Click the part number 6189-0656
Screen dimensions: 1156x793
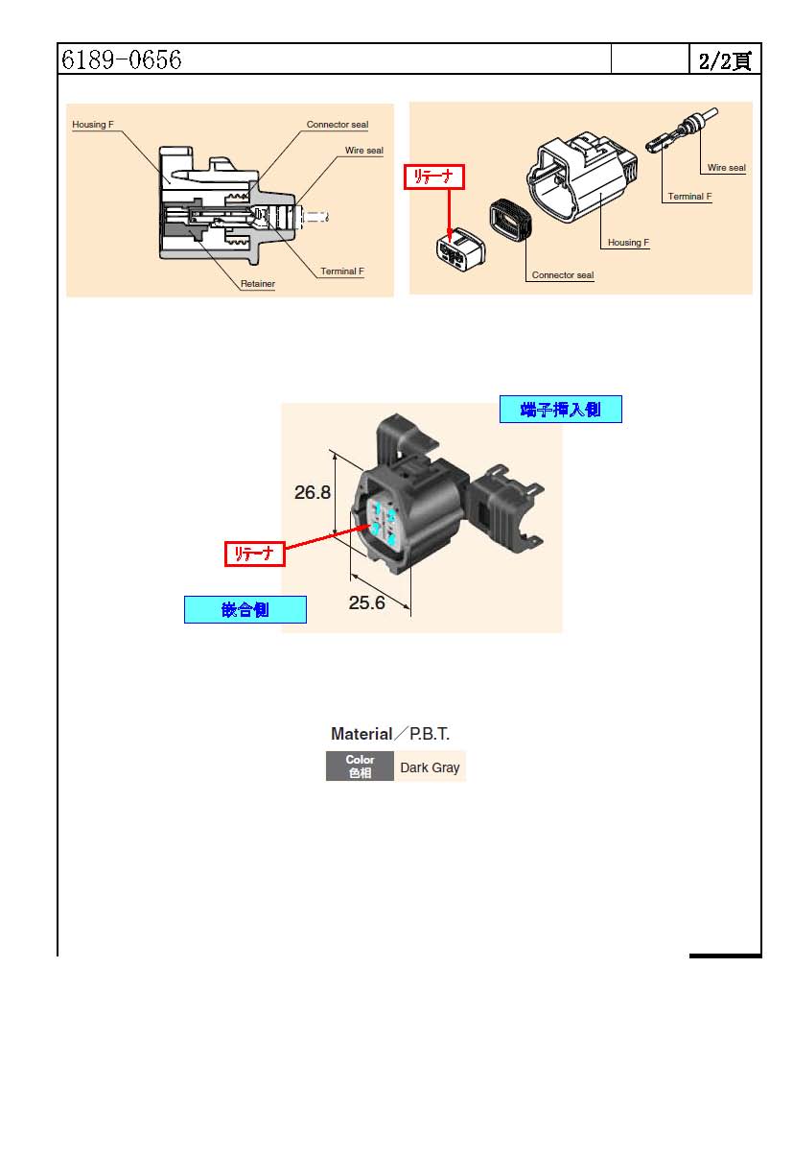coord(122,59)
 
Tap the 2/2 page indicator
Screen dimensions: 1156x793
coord(724,60)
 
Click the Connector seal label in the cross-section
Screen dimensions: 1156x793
coord(337,125)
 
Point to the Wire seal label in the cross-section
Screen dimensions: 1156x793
coord(363,151)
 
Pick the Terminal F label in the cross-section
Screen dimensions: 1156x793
coord(341,271)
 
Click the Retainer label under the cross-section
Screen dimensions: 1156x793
coord(257,284)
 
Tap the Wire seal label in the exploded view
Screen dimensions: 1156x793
coord(726,168)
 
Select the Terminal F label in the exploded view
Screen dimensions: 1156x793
coord(689,197)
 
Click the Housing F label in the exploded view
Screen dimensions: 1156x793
coord(628,243)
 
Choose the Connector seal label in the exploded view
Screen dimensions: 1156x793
coord(562,275)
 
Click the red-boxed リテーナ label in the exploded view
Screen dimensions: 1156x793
coord(433,177)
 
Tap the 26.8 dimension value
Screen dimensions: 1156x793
coord(313,492)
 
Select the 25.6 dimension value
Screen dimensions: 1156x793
coord(366,603)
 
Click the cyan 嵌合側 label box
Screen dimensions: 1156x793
coord(245,610)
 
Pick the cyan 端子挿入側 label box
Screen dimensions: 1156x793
coord(560,410)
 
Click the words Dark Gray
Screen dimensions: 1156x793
coord(430,767)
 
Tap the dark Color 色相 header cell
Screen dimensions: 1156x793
coord(360,767)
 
